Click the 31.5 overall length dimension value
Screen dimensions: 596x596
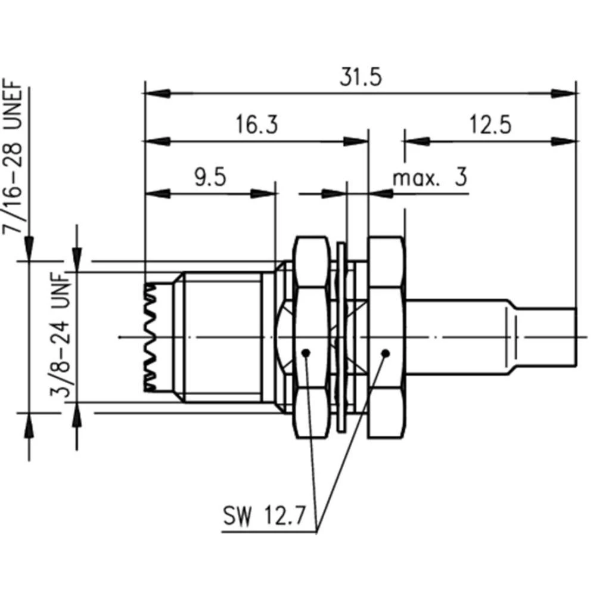pos(360,77)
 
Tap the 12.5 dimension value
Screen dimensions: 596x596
pos(489,126)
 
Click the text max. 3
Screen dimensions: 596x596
pos(429,178)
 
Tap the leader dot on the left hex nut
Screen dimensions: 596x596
pos(306,353)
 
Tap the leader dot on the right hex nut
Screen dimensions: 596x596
pos(385,353)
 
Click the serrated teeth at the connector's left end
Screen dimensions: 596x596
pos(151,337)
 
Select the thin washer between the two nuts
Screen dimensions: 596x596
pos(340,337)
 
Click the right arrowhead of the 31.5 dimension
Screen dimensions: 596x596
pos(564,94)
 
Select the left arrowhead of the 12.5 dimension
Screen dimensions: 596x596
pos(417,142)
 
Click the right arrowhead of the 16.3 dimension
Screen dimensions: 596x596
pos(356,142)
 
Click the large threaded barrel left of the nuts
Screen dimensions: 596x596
pos(221,337)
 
